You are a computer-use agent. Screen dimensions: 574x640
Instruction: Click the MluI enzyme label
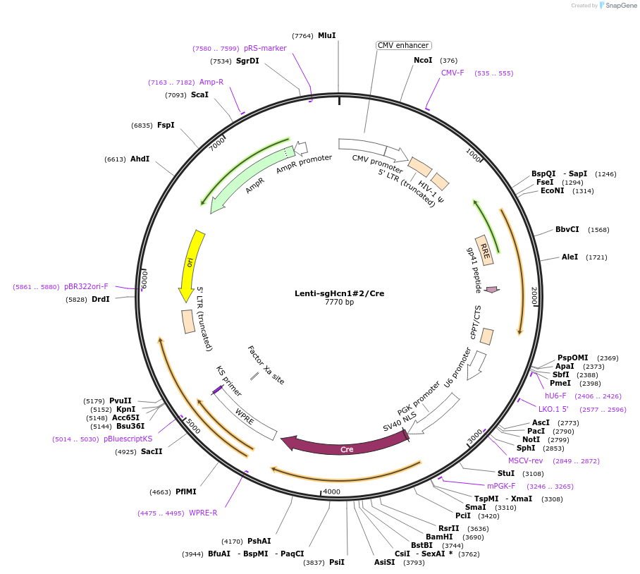pos(326,35)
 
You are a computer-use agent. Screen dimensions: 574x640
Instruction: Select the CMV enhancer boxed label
pos(403,45)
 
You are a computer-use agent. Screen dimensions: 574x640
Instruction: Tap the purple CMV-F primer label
pos(453,73)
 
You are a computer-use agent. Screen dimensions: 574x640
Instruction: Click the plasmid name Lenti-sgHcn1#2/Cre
pos(340,293)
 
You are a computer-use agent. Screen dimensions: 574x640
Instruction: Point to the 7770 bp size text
pos(340,303)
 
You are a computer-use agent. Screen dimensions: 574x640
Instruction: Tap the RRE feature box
pos(484,250)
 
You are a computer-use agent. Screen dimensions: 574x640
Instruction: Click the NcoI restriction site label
pos(423,61)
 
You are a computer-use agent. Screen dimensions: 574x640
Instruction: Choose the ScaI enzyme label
pos(199,94)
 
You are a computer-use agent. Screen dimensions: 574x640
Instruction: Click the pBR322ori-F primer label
pos(86,286)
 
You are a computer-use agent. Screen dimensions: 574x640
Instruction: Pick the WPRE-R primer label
pos(203,513)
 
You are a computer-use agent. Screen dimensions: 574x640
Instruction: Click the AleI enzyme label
pos(570,257)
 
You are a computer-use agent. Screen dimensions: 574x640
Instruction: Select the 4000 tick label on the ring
pos(331,491)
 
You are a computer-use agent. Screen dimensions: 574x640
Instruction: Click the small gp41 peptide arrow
pos(492,289)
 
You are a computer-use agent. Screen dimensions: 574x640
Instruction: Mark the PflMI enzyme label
pos(186,491)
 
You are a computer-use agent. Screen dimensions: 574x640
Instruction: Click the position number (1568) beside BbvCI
pos(598,229)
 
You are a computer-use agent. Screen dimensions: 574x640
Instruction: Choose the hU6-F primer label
pos(555,396)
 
